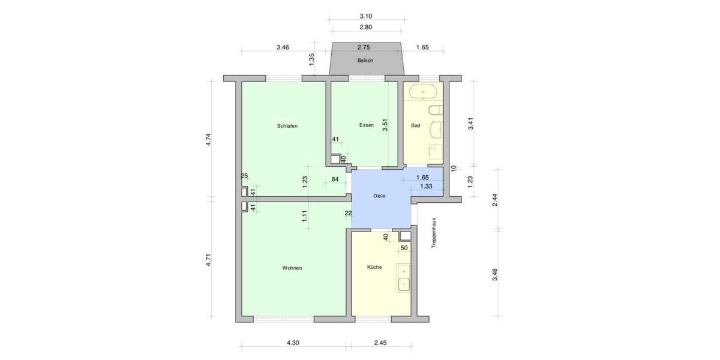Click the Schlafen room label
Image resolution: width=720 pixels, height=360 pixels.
(287, 126)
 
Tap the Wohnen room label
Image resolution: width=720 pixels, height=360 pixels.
(292, 268)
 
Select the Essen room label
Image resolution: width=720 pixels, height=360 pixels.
(366, 125)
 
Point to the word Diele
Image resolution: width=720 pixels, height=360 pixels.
(379, 196)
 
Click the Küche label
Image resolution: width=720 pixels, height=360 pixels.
(374, 267)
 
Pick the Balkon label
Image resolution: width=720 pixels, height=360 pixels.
(365, 61)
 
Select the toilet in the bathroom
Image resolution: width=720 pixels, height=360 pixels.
(436, 110)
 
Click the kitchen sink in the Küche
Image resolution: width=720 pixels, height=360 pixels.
(404, 277)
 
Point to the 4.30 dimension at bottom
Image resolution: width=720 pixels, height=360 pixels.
(292, 343)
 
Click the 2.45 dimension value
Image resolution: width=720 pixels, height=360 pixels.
(380, 343)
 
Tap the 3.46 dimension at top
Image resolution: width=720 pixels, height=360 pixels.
(283, 47)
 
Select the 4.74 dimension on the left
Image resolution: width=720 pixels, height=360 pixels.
(208, 139)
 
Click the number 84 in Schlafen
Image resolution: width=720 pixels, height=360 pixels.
(335, 179)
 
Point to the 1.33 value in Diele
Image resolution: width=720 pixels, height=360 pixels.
(426, 187)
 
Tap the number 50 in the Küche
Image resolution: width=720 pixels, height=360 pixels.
(404, 248)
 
